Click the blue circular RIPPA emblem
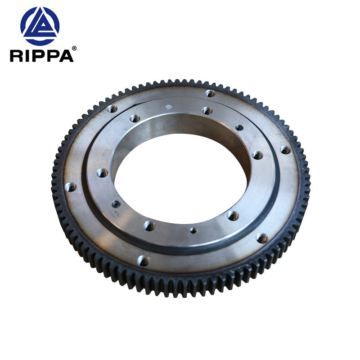(40, 26)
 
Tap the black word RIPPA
(41, 55)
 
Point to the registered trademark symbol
(74, 48)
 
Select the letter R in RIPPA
(16, 55)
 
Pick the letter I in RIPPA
(27, 55)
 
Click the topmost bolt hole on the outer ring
(210, 93)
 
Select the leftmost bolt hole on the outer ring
(70, 186)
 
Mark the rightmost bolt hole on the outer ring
(285, 149)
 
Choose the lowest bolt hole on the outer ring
(144, 260)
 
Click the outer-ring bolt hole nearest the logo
(112, 108)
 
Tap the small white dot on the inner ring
(168, 107)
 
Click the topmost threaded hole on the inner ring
(207, 110)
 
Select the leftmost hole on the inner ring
(102, 172)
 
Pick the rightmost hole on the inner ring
(257, 155)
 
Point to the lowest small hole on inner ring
(193, 230)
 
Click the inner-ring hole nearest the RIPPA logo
(135, 118)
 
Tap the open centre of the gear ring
(180, 180)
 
